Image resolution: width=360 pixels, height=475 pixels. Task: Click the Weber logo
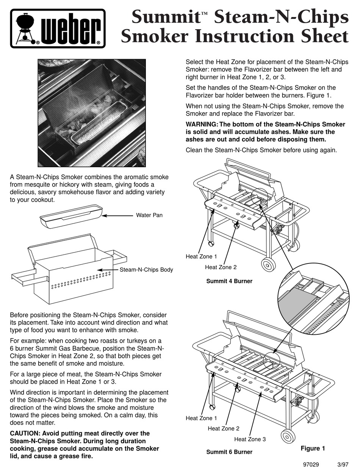58,28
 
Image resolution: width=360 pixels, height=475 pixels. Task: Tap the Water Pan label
149,215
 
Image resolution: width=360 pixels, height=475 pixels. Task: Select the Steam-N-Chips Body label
146,270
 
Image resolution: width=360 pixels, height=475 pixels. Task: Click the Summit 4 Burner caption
229,281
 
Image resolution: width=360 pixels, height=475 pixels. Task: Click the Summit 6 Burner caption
229,452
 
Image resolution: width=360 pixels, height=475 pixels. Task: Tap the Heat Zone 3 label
250,439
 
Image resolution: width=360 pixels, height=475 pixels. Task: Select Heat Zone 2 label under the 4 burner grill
221,267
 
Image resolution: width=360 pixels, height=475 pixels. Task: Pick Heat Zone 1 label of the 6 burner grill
201,419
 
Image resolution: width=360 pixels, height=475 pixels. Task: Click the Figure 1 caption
313,448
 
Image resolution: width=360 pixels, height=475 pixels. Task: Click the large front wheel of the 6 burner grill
289,436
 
